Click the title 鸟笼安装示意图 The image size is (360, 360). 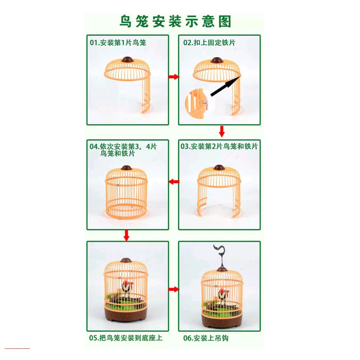click(x=175, y=21)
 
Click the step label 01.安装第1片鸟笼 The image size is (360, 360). click(x=118, y=43)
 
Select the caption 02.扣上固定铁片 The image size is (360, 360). click(x=209, y=43)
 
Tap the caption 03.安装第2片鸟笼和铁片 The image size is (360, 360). click(x=219, y=147)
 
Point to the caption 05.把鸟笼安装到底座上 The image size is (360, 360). click(x=126, y=338)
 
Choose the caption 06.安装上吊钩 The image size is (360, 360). click(x=206, y=338)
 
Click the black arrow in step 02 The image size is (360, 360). click(x=225, y=86)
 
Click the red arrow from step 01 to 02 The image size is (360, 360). click(x=174, y=77)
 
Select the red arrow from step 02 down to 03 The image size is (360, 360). click(x=222, y=131)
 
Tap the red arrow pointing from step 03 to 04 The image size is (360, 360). click(x=174, y=182)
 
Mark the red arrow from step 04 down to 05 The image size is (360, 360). click(x=126, y=236)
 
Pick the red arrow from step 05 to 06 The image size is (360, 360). click(x=174, y=289)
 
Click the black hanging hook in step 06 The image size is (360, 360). click(x=220, y=255)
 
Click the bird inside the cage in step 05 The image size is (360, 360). click(x=127, y=287)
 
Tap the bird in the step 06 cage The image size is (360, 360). click(x=223, y=296)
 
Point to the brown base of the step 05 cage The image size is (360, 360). click(x=126, y=314)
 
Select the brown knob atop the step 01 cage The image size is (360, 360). click(x=127, y=60)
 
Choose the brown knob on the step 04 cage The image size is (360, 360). click(x=127, y=168)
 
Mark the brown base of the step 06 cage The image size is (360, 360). click(x=222, y=320)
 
